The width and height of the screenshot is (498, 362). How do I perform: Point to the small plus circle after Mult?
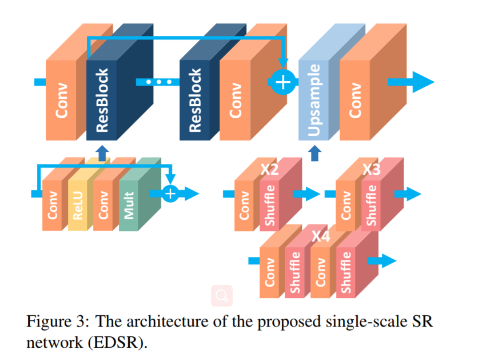pyautogui.click(x=170, y=194)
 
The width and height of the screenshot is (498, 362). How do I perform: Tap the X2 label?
pyautogui.click(x=269, y=170)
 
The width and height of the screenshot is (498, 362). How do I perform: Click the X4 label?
pyautogui.click(x=321, y=235)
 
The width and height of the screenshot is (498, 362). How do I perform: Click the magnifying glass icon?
pyautogui.click(x=222, y=295)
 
